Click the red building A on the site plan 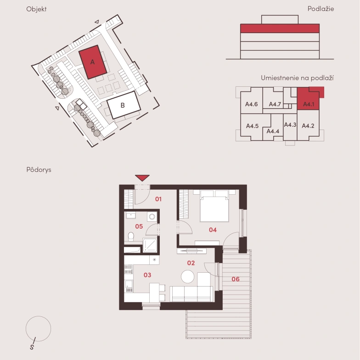pyautogui.click(x=93, y=62)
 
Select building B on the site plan pyautogui.click(x=124, y=105)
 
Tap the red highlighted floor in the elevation pyautogui.click(x=280, y=28)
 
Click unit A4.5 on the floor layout pyautogui.click(x=253, y=126)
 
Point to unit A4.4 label pyautogui.click(x=273, y=131)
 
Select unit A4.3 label pyautogui.click(x=290, y=125)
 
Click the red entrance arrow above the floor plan pyautogui.click(x=142, y=178)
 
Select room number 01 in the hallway pyautogui.click(x=158, y=199)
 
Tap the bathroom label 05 pyautogui.click(x=139, y=226)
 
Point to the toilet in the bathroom pyautogui.click(x=131, y=236)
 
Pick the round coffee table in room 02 pyautogui.click(x=187, y=276)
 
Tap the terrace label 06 pyautogui.click(x=236, y=279)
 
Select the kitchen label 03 pyautogui.click(x=147, y=275)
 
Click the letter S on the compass pyautogui.click(x=32, y=347)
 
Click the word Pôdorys pyautogui.click(x=39, y=170)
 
